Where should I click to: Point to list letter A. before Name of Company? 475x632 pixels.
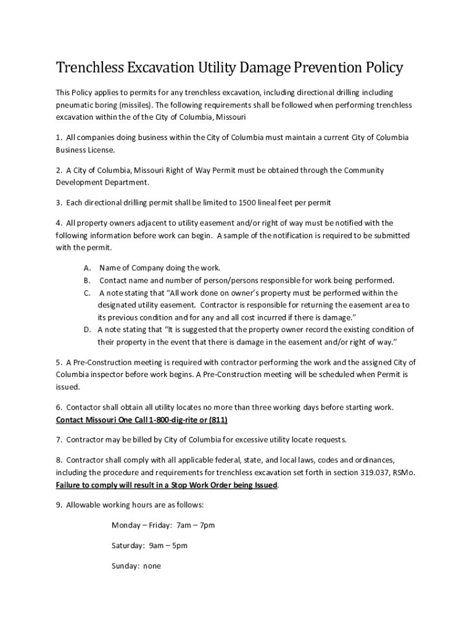(88, 268)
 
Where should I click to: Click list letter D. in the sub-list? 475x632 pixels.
(88, 329)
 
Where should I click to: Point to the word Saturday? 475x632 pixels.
(127, 546)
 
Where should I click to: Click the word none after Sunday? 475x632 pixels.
(152, 565)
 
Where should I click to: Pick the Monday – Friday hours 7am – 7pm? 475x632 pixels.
(196, 525)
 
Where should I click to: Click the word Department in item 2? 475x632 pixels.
(126, 183)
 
